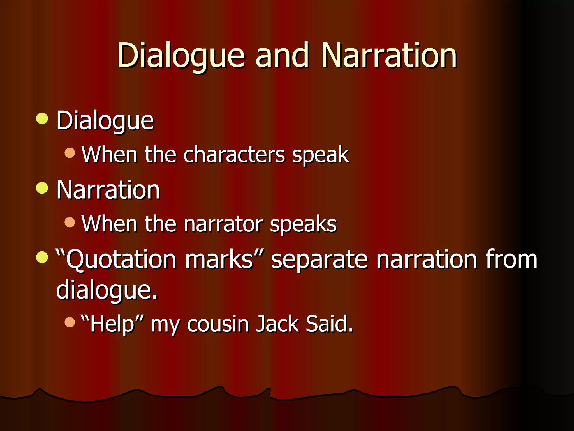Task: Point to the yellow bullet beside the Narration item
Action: coord(42,188)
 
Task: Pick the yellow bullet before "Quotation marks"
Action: coord(42,257)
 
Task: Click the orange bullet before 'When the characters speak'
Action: coord(70,153)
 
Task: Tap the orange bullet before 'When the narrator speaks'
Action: coord(70,223)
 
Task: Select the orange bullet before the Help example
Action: coord(70,322)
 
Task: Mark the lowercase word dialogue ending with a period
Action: coord(107,290)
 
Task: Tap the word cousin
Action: coord(218,324)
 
